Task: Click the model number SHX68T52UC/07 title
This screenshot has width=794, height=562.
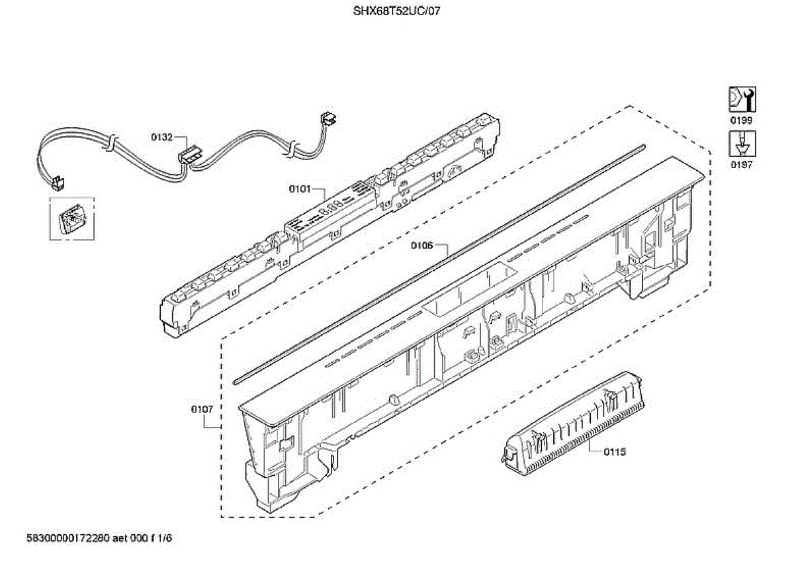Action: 396,11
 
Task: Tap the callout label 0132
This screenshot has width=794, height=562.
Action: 161,137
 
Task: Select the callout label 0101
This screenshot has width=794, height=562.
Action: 300,189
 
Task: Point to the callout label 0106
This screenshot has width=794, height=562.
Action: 422,246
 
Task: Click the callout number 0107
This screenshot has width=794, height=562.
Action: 202,409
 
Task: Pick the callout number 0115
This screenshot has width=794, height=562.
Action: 615,451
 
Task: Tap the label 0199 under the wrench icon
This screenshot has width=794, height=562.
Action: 741,120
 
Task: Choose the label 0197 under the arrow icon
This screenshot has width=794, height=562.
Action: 741,165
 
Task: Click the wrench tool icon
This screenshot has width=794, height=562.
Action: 742,100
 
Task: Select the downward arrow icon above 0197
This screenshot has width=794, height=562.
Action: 742,144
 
